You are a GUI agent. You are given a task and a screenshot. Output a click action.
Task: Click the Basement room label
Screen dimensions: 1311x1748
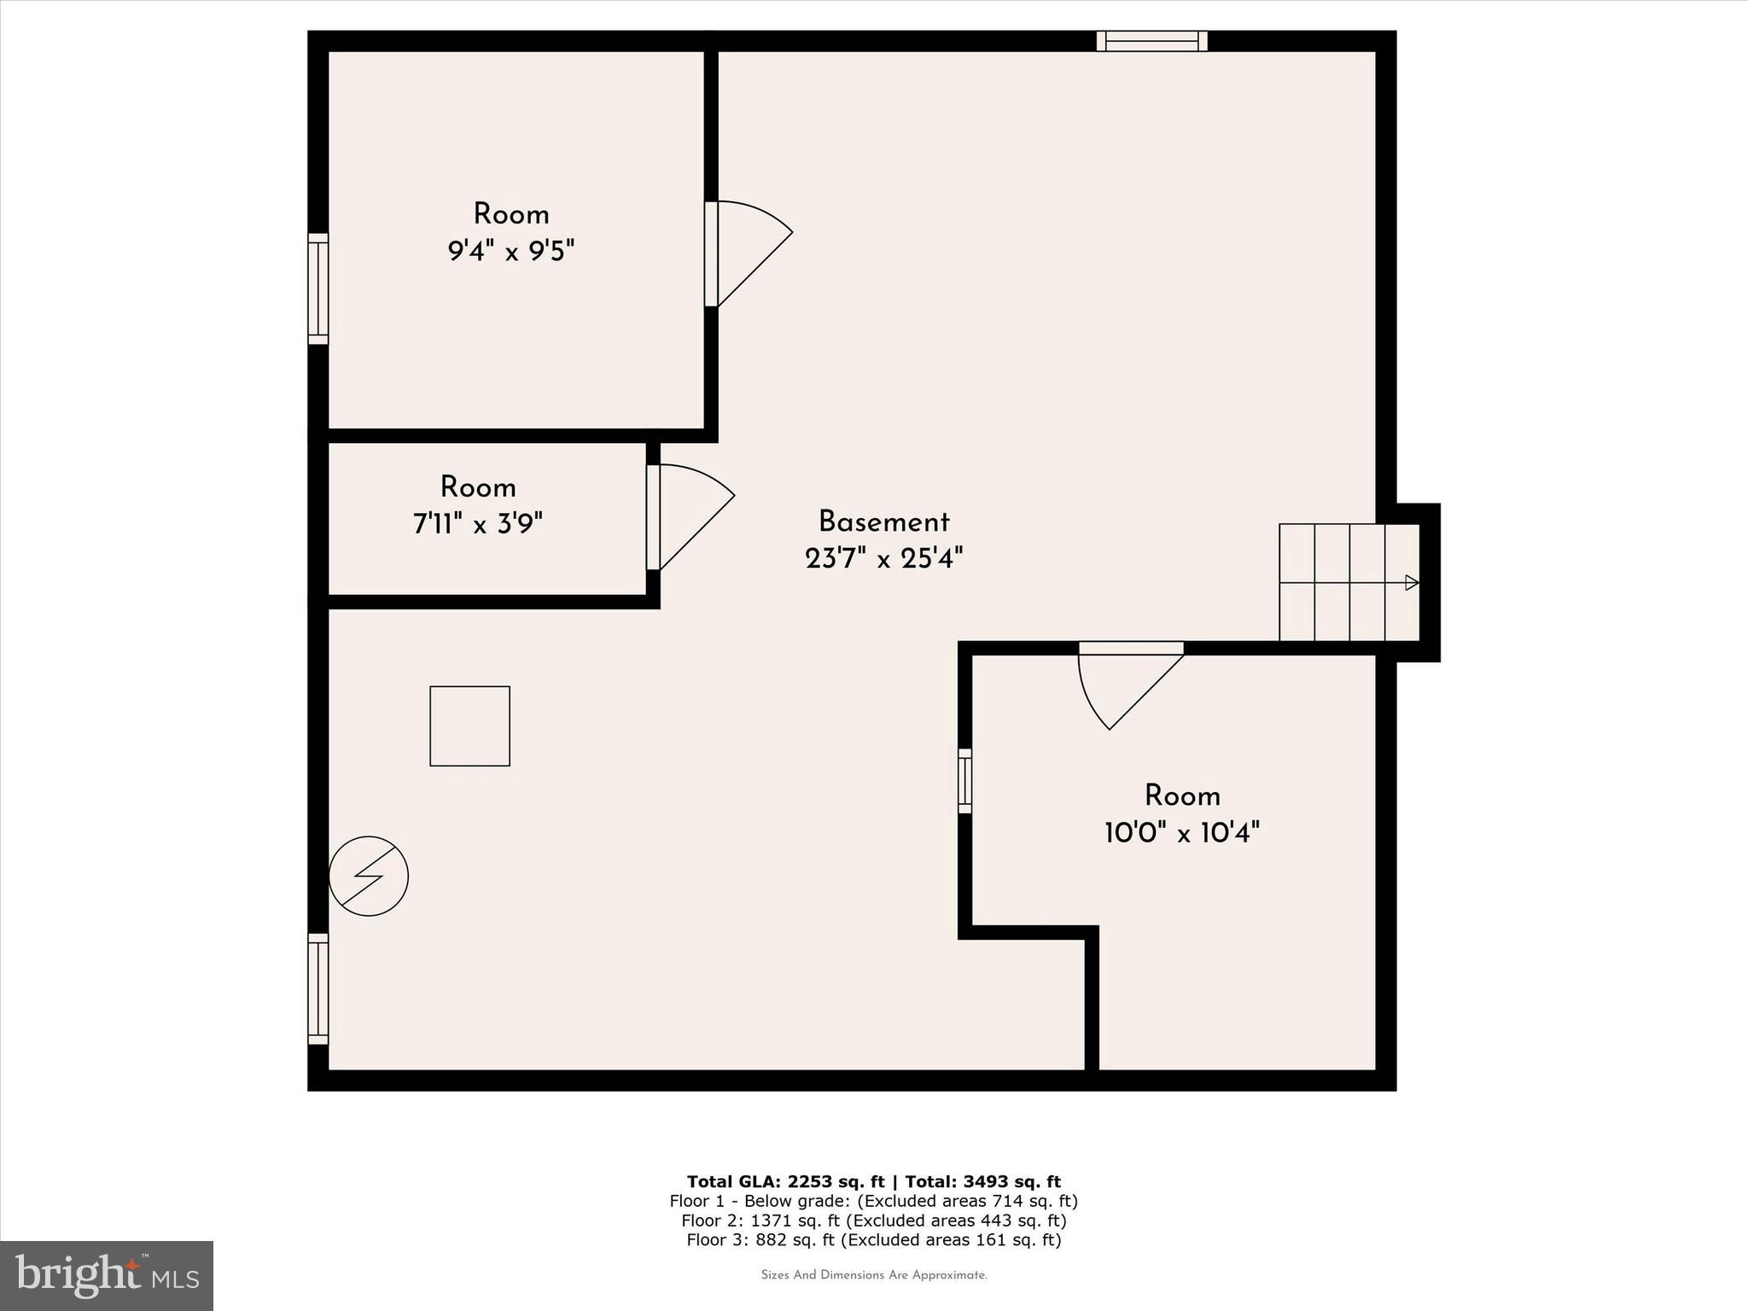883,521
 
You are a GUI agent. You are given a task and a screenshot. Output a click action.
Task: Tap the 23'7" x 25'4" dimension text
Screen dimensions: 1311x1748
883,559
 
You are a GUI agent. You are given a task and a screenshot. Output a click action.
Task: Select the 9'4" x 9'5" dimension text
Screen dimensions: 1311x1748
511,252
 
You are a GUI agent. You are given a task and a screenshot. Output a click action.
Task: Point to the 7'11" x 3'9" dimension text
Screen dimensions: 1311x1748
478,523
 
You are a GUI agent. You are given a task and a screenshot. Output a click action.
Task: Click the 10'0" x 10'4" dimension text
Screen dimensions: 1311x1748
1182,832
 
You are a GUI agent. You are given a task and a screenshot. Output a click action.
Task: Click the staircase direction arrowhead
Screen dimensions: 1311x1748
1412,583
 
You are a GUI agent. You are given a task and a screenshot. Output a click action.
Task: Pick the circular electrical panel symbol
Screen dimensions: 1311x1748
369,876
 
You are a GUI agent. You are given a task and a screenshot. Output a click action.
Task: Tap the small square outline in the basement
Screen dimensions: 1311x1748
469,726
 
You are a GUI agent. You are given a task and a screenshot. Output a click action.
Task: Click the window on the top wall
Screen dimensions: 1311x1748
1151,41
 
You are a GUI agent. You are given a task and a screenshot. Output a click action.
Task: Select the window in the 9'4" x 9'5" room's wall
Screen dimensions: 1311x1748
318,288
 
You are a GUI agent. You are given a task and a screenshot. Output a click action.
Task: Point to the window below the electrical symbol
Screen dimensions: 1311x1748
318,988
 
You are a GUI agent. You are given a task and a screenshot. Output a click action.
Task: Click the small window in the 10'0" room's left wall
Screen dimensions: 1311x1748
964,781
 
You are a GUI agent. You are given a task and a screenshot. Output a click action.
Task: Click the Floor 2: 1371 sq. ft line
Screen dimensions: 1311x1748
873,1221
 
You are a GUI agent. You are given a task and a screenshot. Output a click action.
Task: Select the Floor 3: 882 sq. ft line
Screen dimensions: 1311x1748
873,1240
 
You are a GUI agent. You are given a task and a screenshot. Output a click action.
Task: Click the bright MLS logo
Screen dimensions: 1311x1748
107,1275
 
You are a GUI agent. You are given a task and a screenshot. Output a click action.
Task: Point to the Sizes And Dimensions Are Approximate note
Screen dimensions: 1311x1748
873,1275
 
